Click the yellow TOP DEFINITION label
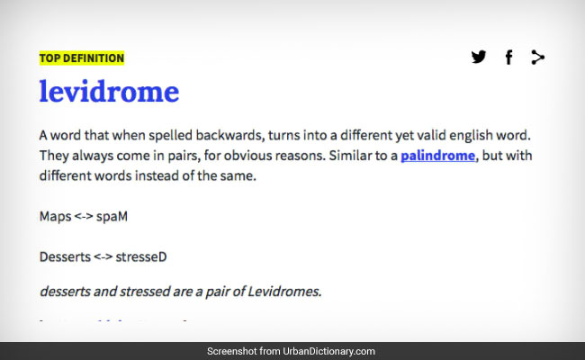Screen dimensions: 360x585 [x=82, y=58]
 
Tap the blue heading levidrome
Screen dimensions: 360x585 [x=109, y=92]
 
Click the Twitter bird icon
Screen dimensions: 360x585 [x=479, y=58]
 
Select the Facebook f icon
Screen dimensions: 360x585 [x=508, y=58]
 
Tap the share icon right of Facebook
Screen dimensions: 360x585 [x=538, y=58]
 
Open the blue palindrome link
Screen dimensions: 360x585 [x=437, y=156]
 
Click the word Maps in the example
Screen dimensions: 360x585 [x=55, y=217]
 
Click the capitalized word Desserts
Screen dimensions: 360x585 [x=65, y=256]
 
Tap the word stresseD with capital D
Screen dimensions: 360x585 [x=141, y=256]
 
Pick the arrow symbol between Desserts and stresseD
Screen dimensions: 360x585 [x=103, y=256]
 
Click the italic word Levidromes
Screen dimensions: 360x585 [x=284, y=291]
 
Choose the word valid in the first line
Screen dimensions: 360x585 [x=419, y=135]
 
